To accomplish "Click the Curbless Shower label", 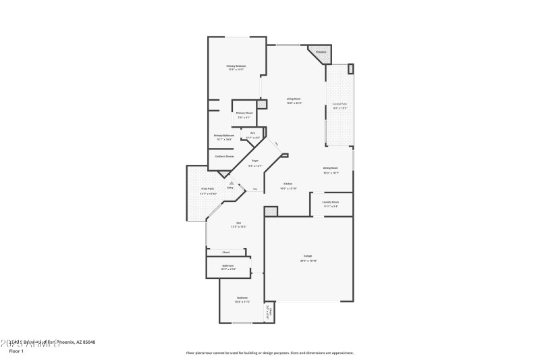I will coord(224,156).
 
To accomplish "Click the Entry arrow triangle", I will coord(231,182).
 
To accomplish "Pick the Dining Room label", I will coord(330,170).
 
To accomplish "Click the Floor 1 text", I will coord(16,351).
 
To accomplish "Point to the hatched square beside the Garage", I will coord(271,212).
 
